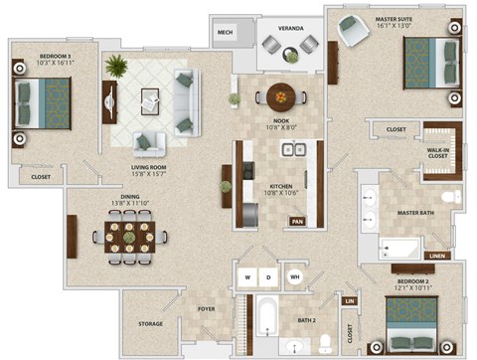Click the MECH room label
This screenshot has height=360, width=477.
[225, 32]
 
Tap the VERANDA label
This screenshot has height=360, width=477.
[290, 28]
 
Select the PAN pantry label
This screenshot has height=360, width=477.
[297, 222]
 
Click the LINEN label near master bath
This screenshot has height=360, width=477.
[437, 256]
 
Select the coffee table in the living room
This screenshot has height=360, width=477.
[151, 99]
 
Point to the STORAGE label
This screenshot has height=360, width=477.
[151, 323]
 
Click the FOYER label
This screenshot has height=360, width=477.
[207, 309]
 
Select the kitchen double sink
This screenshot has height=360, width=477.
[292, 150]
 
